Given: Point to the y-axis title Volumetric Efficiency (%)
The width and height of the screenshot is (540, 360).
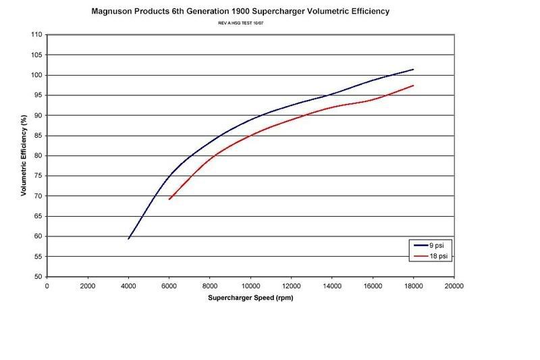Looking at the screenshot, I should coord(24,156).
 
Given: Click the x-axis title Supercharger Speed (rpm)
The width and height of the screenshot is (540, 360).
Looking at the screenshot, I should coord(250,297).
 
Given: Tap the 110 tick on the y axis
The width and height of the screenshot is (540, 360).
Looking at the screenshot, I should coord(36,34).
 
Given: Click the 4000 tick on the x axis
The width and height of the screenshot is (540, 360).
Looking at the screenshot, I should coord(128,286).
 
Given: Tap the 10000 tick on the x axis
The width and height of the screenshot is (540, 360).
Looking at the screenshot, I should coord(250,286).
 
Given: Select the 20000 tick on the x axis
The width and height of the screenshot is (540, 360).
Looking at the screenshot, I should coord(454,286).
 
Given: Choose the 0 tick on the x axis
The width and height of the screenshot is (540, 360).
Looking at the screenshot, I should coord(47,286).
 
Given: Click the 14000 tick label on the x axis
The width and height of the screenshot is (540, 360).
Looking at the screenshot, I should coord(331,286).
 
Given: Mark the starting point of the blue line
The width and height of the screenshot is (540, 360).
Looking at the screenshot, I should coord(128,238).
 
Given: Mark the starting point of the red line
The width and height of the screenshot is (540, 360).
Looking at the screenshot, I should coord(169,199).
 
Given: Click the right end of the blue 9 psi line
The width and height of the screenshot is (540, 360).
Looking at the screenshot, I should coord(413,69).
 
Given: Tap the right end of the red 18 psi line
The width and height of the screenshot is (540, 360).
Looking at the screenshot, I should coord(413,85).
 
